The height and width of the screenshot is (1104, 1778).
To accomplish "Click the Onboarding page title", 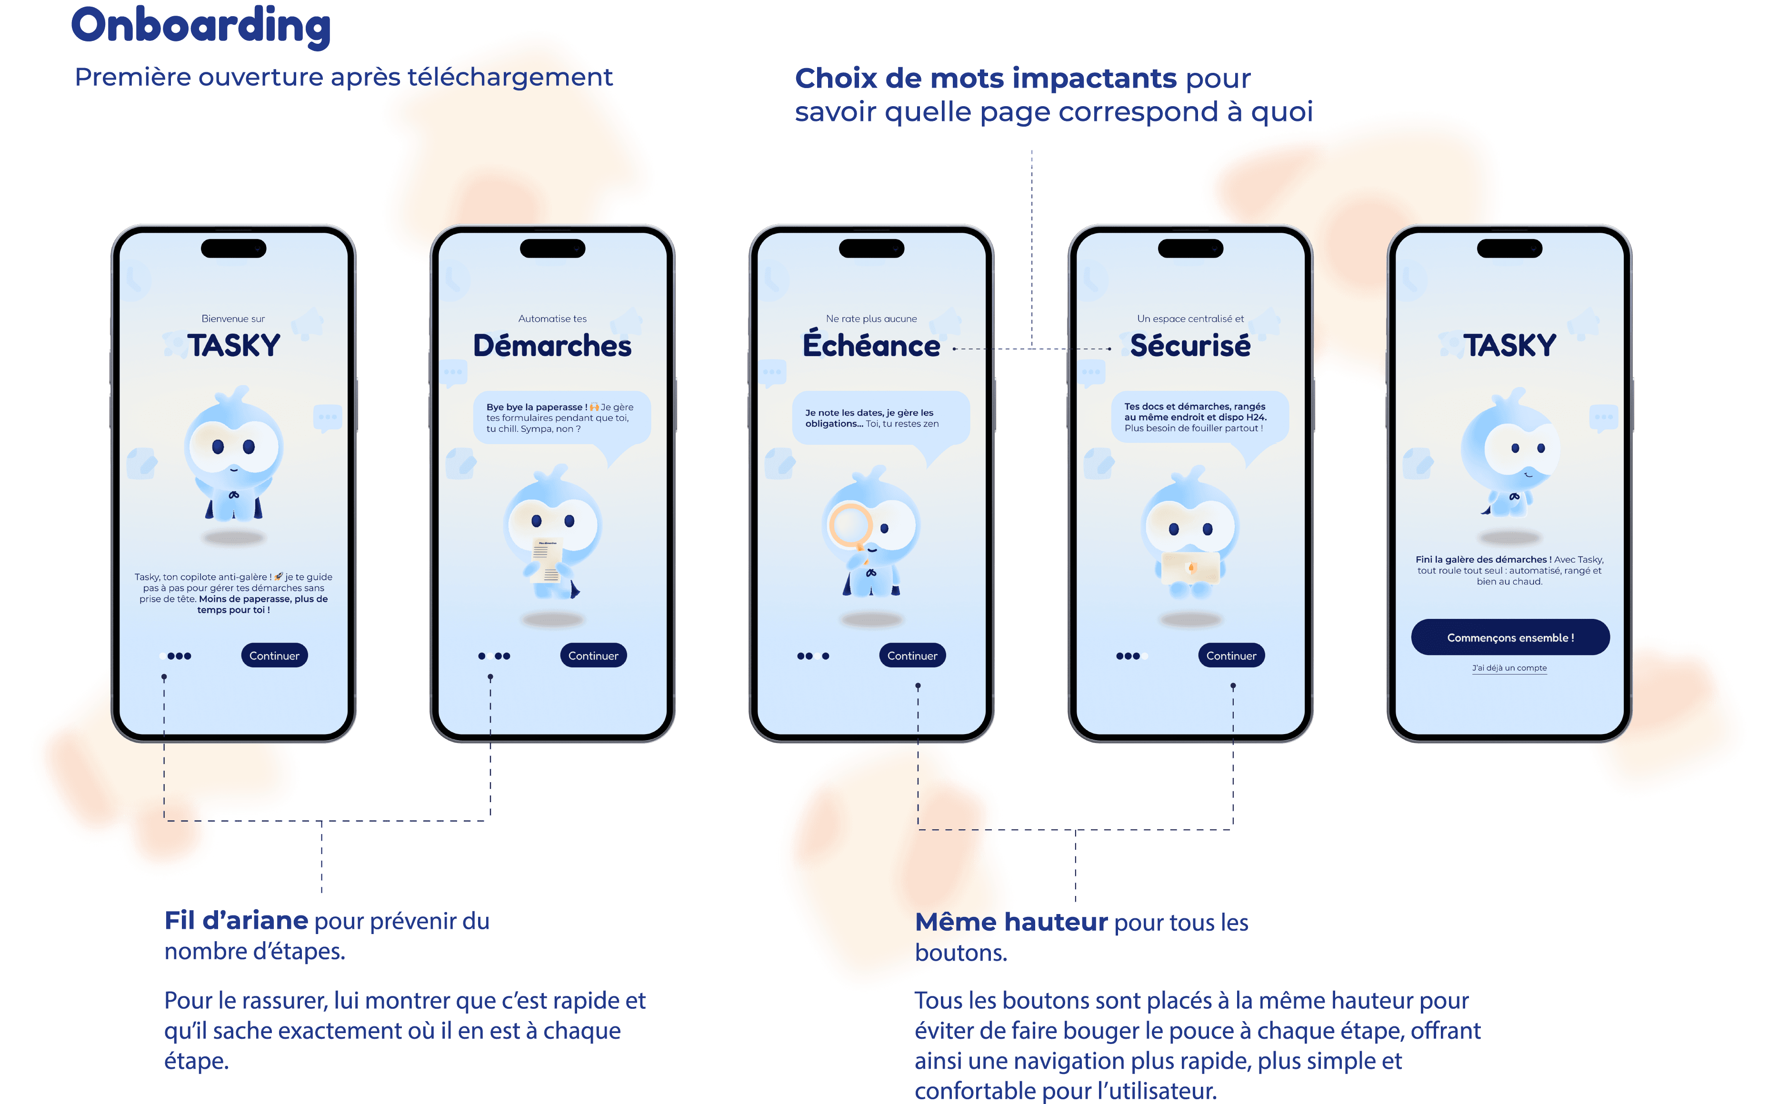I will [201, 26].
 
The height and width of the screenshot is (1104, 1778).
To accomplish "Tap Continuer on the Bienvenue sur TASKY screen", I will [275, 656].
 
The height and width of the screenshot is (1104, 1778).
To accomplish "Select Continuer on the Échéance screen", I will [912, 656].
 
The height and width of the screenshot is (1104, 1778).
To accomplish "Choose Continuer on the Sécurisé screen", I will [1231, 656].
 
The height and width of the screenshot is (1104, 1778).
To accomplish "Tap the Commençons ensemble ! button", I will [1510, 637].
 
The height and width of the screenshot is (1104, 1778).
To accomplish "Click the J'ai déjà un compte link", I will [1509, 668].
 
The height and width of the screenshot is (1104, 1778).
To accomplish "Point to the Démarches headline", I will [552, 345].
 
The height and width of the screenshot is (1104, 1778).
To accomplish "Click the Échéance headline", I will [871, 345].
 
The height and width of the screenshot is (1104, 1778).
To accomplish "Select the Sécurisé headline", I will [1190, 345].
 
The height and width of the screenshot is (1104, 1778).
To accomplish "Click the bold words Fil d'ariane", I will [236, 921].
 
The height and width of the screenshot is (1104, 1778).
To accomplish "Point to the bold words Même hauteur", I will [1011, 922].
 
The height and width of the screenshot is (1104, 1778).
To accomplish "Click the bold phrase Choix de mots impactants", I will [985, 78].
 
